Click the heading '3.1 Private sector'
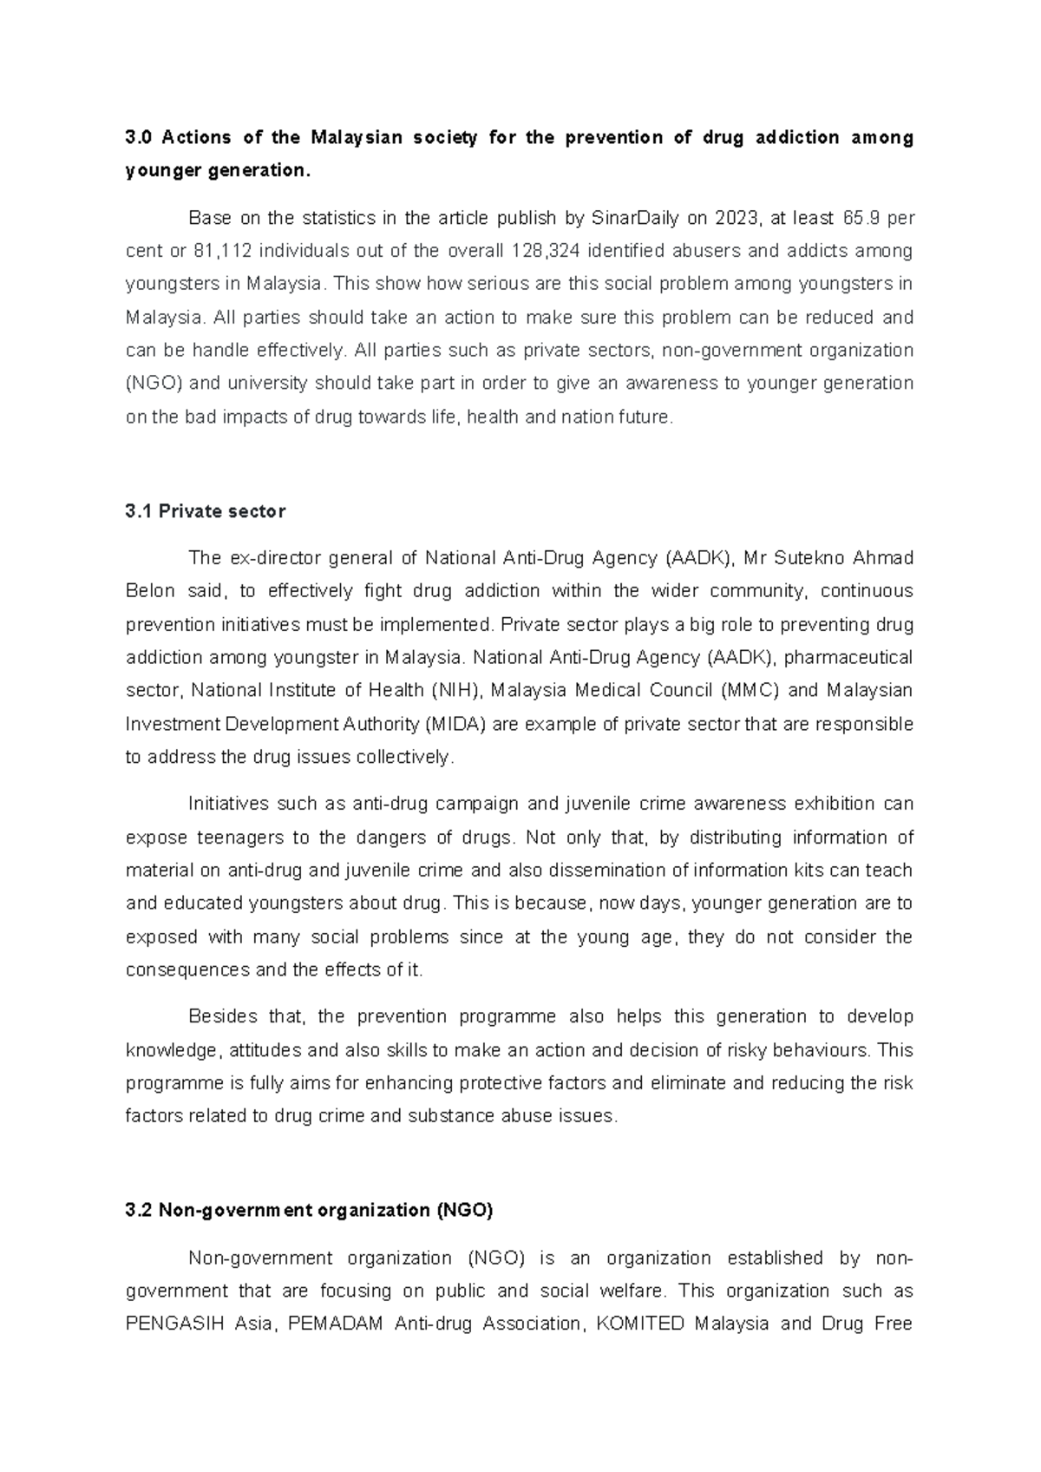205,511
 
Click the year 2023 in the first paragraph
733,217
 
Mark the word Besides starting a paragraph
217,1016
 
